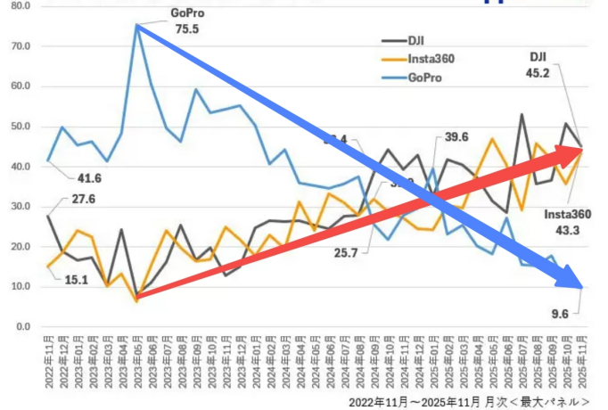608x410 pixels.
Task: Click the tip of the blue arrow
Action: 582,287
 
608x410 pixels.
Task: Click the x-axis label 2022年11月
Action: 48,362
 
